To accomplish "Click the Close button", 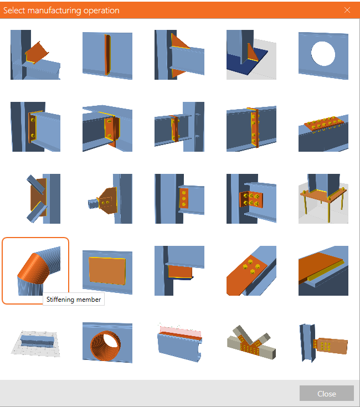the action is point(327,393).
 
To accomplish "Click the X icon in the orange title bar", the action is point(347,10).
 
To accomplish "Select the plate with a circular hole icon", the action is point(323,55).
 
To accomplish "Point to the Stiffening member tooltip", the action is point(74,299).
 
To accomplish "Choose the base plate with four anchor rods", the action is point(323,199).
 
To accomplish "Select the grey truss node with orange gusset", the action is point(251,343).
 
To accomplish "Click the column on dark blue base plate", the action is point(251,55).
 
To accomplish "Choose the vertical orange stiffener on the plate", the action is point(107,55).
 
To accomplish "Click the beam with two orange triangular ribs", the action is point(179,55).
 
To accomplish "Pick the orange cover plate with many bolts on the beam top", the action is point(323,127).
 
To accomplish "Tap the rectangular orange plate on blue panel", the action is point(107,270).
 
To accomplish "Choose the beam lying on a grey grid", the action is point(35,343).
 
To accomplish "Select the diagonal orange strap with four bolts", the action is point(251,270).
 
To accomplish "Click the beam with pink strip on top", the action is point(179,343).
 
